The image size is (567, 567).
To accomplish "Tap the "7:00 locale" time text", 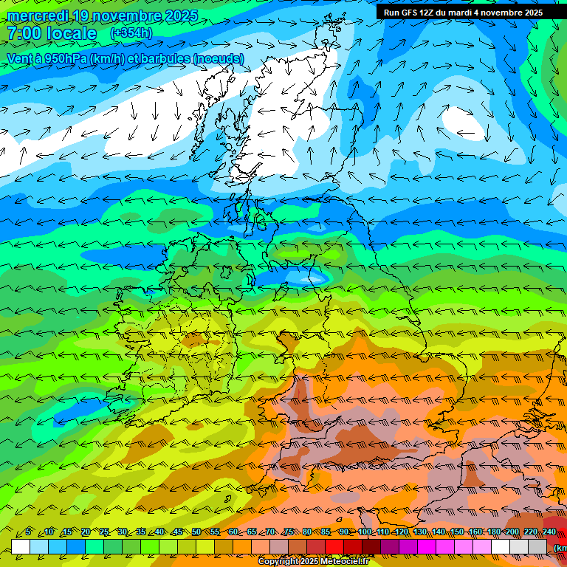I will click(52, 33).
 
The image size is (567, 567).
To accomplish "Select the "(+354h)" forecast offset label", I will click(131, 33).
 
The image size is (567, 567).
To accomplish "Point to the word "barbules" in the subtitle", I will click(162, 59).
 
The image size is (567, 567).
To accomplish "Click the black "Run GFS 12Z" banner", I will click(463, 13).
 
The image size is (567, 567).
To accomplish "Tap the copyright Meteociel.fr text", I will click(313, 562).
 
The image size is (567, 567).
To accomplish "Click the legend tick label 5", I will click(28, 532).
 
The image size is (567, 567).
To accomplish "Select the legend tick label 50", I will click(196, 532).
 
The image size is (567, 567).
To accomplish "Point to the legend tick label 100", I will click(364, 532).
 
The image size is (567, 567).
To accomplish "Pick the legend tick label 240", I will click(549, 532).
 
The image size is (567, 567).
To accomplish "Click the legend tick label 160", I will click(475, 532).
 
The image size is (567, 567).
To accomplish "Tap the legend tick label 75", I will click(289, 532).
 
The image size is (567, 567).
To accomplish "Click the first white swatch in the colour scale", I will click(21, 546).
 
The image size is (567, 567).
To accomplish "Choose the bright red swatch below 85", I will click(334, 546).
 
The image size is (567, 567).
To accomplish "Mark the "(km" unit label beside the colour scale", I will click(560, 547).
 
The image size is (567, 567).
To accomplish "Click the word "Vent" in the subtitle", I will click(20, 59).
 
